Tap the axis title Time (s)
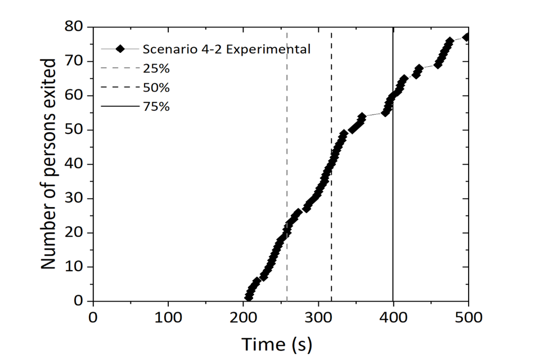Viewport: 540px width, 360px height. click(277, 343)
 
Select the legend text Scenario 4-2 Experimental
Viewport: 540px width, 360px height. click(226, 49)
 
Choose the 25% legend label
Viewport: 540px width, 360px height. click(156, 69)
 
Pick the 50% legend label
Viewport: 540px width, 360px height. click(156, 88)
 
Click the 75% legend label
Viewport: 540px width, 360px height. click(156, 107)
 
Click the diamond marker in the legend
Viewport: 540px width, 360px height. click(119, 49)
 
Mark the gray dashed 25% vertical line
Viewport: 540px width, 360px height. click(287, 169)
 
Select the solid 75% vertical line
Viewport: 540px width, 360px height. click(393, 169)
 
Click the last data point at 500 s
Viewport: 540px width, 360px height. click(466, 37)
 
